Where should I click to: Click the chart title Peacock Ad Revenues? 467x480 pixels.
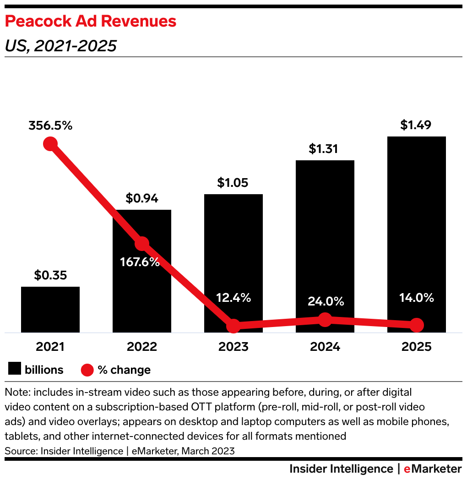(90, 22)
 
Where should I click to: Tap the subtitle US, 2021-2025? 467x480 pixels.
(60, 46)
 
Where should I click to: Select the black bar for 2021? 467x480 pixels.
(50, 309)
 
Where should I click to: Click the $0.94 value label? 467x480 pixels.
(142, 199)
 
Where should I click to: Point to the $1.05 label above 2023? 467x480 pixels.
(233, 183)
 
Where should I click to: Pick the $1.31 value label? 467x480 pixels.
(325, 149)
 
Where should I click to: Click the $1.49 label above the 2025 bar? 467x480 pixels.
(416, 125)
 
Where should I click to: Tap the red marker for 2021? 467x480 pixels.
(50, 144)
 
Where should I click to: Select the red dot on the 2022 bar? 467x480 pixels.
(142, 244)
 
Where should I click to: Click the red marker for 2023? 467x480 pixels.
(233, 326)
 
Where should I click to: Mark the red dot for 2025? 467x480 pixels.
(416, 325)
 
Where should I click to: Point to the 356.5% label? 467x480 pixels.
(50, 125)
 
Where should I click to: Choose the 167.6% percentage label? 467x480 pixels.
(140, 262)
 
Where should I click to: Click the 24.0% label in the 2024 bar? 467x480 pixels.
(325, 301)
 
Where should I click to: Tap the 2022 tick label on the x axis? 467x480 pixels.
(142, 347)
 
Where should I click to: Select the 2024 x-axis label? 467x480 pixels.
(325, 347)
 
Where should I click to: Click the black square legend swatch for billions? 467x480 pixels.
(14, 370)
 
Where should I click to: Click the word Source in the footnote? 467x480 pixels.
(20, 451)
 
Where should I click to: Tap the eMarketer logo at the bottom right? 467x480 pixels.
(433, 469)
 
